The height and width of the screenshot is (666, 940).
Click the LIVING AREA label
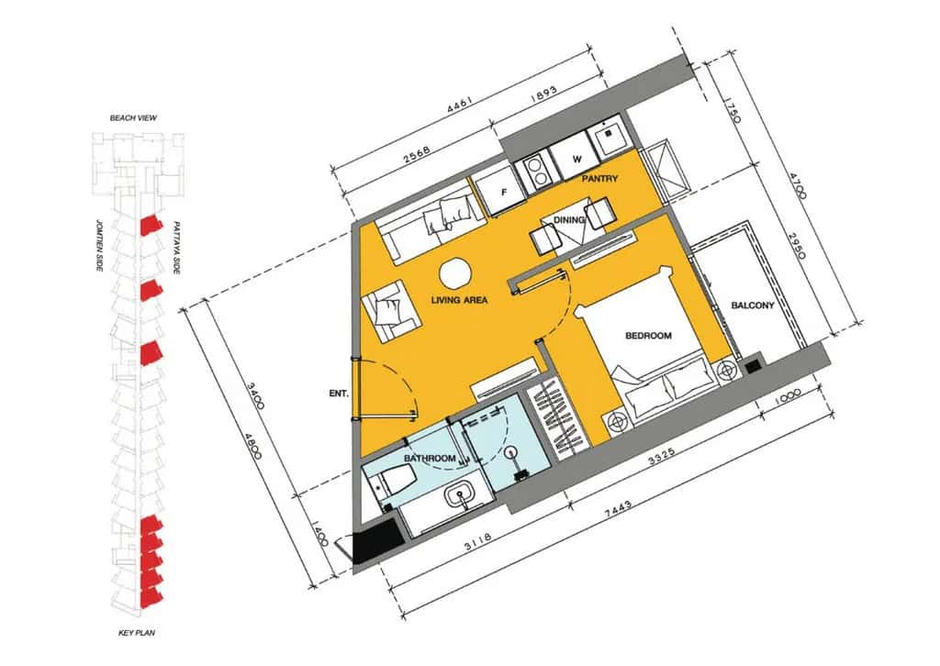coord(459,300)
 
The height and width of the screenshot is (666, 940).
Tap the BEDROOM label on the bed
coord(648,336)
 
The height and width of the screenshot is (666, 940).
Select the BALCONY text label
coord(753,305)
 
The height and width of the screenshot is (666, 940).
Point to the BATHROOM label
coord(430,459)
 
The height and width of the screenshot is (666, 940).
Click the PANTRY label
coord(599,179)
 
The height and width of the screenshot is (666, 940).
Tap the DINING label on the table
coord(569,220)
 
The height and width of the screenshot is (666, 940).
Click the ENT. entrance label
coord(339,394)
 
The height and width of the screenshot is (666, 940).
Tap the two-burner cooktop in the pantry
coord(537,170)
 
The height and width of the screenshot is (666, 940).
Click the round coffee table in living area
coord(455,274)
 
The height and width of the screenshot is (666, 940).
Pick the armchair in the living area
coord(389,311)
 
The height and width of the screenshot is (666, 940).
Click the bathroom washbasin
coord(462,496)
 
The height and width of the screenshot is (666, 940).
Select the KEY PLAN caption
coord(137,632)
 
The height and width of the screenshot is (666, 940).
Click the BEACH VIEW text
coord(133,118)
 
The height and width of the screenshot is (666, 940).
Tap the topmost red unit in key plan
coord(151,226)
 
